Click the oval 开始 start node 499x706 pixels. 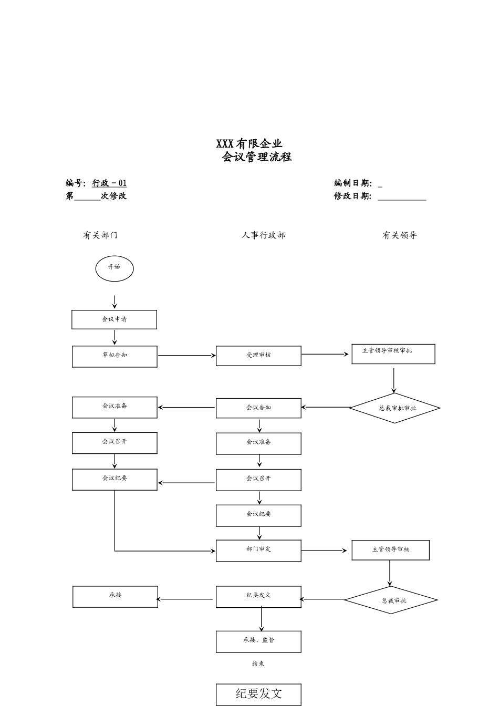[115, 269]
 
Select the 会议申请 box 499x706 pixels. [114, 319]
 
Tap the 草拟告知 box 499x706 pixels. [115, 356]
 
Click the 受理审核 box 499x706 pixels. [258, 356]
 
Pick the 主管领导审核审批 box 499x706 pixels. [393, 354]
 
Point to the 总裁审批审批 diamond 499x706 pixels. [394, 408]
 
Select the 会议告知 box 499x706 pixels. [258, 408]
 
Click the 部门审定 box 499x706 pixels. [258, 551]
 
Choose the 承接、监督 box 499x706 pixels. [258, 641]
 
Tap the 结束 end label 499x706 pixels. [258, 664]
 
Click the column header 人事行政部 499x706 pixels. [263, 235]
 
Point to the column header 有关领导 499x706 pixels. [399, 235]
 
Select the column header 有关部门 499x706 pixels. [100, 235]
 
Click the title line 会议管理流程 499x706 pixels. [256, 157]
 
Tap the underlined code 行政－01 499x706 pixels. [109, 183]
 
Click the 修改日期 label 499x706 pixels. [352, 196]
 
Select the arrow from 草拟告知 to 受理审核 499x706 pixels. [186, 356]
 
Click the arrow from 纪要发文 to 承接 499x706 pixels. [185, 599]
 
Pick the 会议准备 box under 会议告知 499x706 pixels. [258, 443]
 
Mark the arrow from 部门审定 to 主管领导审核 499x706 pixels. [324, 551]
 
